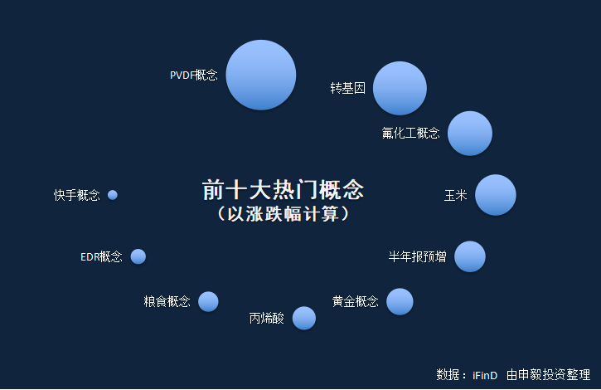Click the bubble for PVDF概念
pyautogui.click(x=260, y=75)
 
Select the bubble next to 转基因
pyautogui.click(x=400, y=88)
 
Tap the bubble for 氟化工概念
pyautogui.click(x=470, y=134)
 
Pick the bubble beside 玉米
pyautogui.click(x=496, y=195)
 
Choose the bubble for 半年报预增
pyautogui.click(x=470, y=256)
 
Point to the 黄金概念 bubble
pyautogui.click(x=400, y=301)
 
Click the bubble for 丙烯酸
pyautogui.click(x=304, y=318)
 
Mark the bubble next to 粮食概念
pyautogui.click(x=208, y=301)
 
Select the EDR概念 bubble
pyautogui.click(x=138, y=256)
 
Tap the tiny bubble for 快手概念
pyautogui.click(x=113, y=195)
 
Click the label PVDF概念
pyautogui.click(x=193, y=75)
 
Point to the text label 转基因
pyautogui.click(x=347, y=88)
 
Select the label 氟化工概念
pyautogui.click(x=410, y=134)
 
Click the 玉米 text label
pyautogui.click(x=455, y=195)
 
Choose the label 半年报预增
pyautogui.click(x=418, y=256)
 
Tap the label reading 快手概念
pyautogui.click(x=77, y=195)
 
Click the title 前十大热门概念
pyautogui.click(x=283, y=190)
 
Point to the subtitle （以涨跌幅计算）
pyautogui.click(x=283, y=214)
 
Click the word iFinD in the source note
pyautogui.click(x=485, y=375)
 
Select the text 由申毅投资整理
pyautogui.click(x=548, y=374)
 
